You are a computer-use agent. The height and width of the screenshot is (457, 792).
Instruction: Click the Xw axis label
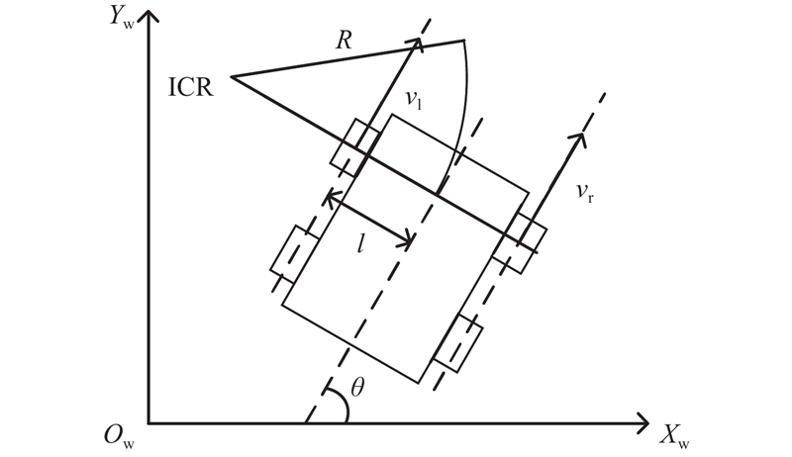[x=676, y=433]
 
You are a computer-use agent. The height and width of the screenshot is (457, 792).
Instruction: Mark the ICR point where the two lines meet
[x=231, y=76]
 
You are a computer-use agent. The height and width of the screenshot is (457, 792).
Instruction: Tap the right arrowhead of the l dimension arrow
[x=409, y=240]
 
